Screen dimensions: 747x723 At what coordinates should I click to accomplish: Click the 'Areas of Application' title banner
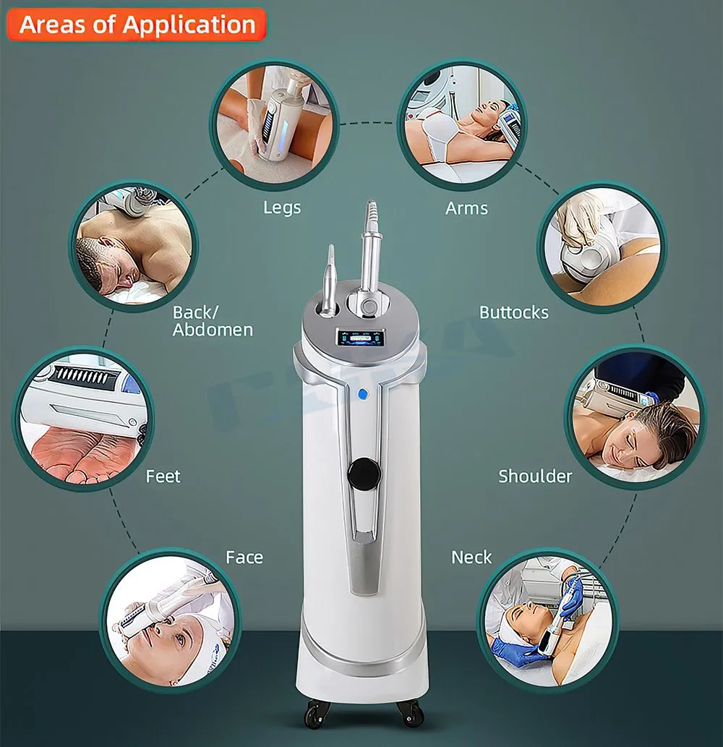[138, 25]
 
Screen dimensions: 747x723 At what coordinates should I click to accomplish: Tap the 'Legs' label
[282, 208]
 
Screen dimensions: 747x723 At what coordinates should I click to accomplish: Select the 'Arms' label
[466, 208]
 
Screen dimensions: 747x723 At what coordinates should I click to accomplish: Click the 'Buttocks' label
[514, 312]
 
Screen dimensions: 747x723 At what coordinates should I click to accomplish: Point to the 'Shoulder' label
[535, 476]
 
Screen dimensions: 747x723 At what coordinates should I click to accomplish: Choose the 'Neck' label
[471, 558]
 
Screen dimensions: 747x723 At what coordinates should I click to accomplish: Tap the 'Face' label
[244, 558]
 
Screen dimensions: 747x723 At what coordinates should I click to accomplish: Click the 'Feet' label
[163, 477]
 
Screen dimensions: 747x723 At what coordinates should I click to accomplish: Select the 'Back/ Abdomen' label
[213, 321]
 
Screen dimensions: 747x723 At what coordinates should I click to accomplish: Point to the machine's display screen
[359, 338]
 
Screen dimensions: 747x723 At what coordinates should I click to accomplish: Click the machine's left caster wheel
[314, 716]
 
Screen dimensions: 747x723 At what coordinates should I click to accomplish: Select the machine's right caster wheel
[410, 716]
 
